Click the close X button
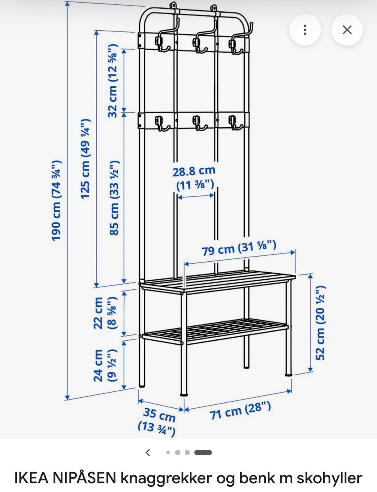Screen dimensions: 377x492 pos(347,29)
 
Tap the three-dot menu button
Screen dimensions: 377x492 pos(305,29)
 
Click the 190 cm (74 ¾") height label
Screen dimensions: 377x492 pos(56,200)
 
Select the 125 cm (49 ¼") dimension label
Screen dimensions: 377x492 pos(86,159)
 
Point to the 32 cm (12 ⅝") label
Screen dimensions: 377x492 pos(113,81)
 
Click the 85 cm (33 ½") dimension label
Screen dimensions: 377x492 pos(114,198)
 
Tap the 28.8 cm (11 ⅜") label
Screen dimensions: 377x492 pos(194,178)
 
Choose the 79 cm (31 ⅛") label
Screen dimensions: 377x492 pos(239,248)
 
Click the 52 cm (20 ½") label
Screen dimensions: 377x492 pos(321,323)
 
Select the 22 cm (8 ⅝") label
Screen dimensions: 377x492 pos(106,313)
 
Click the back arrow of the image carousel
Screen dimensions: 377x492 pos(148,453)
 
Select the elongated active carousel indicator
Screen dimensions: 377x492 pos(203,453)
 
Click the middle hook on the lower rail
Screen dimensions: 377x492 pos(198,123)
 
